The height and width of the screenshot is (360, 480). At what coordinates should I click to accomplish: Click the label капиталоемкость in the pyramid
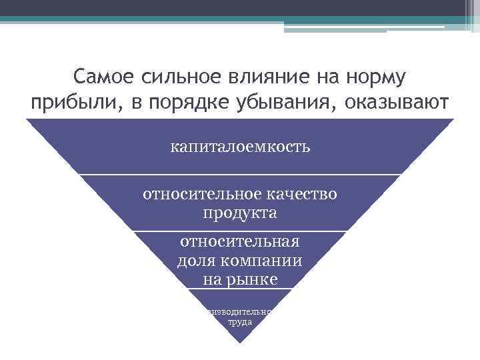[x=240, y=146]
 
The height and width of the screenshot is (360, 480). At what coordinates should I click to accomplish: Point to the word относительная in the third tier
[x=240, y=241]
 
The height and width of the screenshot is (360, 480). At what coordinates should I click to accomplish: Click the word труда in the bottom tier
[x=240, y=321]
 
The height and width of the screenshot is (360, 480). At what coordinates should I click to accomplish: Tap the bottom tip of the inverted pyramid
[x=240, y=342]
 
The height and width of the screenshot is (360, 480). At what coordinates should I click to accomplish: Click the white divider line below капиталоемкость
[x=240, y=175]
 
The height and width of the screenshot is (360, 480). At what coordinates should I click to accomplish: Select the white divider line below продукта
[x=240, y=231]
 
